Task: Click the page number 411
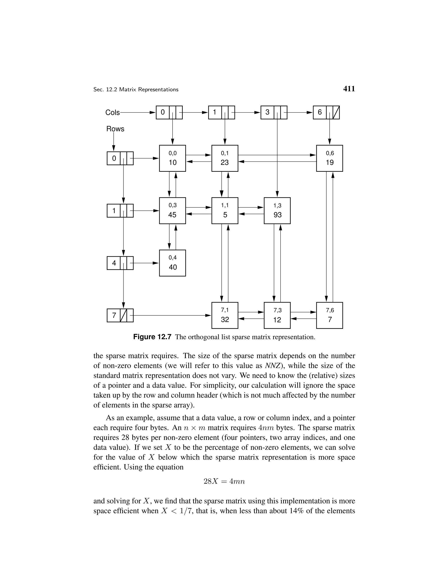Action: tap(349, 89)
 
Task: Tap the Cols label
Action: tap(112, 113)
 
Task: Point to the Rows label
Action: tap(115, 129)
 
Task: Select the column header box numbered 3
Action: tap(274, 112)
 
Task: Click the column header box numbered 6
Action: tap(326, 112)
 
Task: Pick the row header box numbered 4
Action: tap(120, 263)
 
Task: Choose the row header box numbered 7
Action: tap(120, 315)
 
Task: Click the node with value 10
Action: tap(172, 158)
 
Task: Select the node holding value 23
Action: tap(225, 158)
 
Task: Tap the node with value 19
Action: tap(330, 158)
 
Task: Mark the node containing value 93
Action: tap(277, 211)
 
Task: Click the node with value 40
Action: tap(172, 263)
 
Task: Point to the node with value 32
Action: tap(225, 315)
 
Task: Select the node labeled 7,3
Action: tap(277, 315)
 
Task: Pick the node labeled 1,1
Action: tap(225, 211)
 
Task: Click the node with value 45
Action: tap(172, 211)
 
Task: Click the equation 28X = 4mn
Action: tap(224, 481)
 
